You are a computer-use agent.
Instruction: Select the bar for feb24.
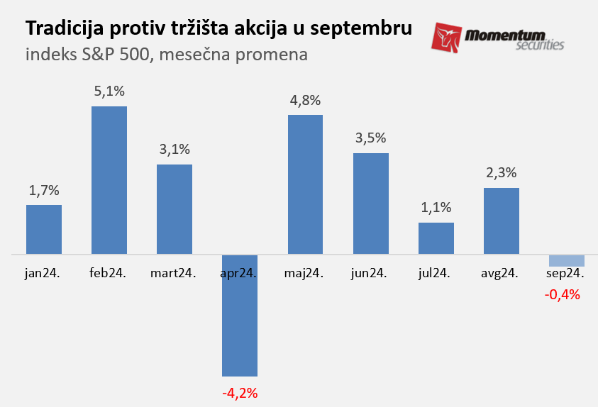pyautogui.click(x=109, y=180)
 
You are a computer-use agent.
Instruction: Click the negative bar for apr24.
pyautogui.click(x=240, y=315)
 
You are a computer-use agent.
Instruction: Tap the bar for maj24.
pyautogui.click(x=305, y=184)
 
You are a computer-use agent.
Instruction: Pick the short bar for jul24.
pyautogui.click(x=436, y=238)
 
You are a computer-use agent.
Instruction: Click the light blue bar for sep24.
pyautogui.click(x=567, y=260)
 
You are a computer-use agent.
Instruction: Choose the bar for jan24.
pyautogui.click(x=44, y=229)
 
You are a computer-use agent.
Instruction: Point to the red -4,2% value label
pyautogui.click(x=240, y=392)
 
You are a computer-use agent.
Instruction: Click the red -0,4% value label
pyautogui.click(x=563, y=294)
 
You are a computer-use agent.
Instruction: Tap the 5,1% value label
pyautogui.click(x=109, y=91)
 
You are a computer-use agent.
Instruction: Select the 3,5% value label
pyautogui.click(x=370, y=138)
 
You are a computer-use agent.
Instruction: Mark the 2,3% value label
pyautogui.click(x=502, y=172)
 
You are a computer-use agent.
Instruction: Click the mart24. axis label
pyautogui.click(x=175, y=274)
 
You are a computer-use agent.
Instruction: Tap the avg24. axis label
pyautogui.click(x=500, y=274)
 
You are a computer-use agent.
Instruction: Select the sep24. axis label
pyautogui.click(x=565, y=274)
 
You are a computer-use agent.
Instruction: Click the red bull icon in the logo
pyautogui.click(x=446, y=38)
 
